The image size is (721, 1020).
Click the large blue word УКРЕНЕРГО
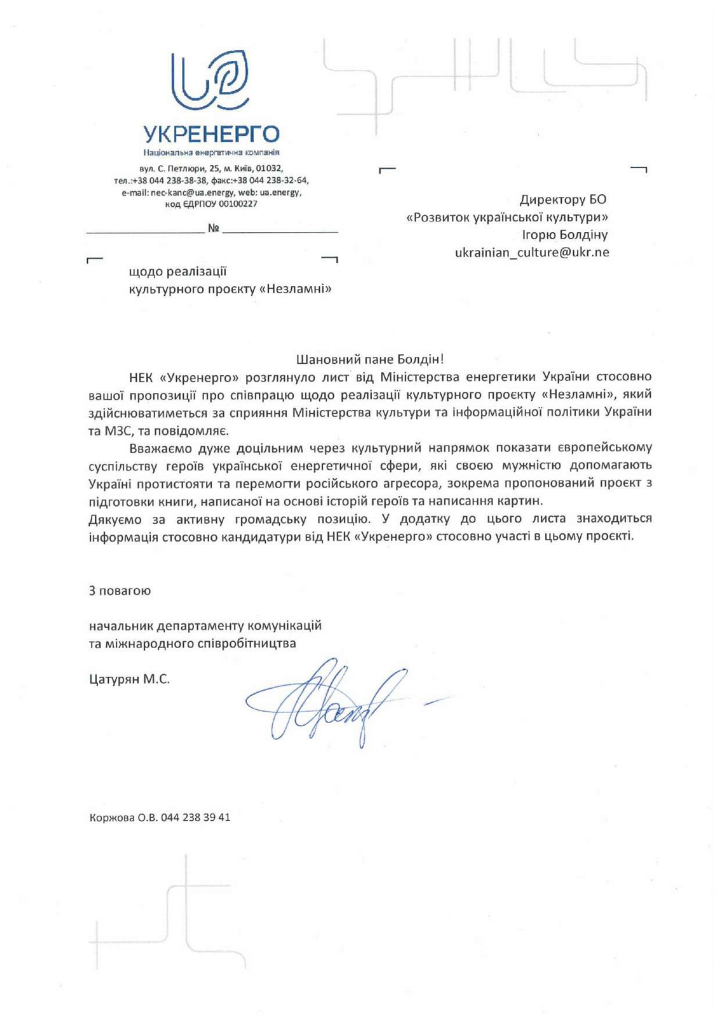click(x=211, y=134)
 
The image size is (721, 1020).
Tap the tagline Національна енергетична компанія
click(x=211, y=152)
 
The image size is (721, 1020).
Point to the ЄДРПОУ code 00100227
click(x=238, y=204)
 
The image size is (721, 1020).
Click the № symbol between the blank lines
click(x=213, y=228)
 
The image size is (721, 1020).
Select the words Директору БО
click(x=562, y=200)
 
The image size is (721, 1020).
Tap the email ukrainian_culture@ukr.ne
click(x=531, y=252)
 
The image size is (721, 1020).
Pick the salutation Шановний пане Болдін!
click(x=370, y=359)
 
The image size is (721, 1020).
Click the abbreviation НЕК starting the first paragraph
click(x=141, y=377)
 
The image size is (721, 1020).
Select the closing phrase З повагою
click(x=120, y=590)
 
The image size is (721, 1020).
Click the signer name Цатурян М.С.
click(x=129, y=679)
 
